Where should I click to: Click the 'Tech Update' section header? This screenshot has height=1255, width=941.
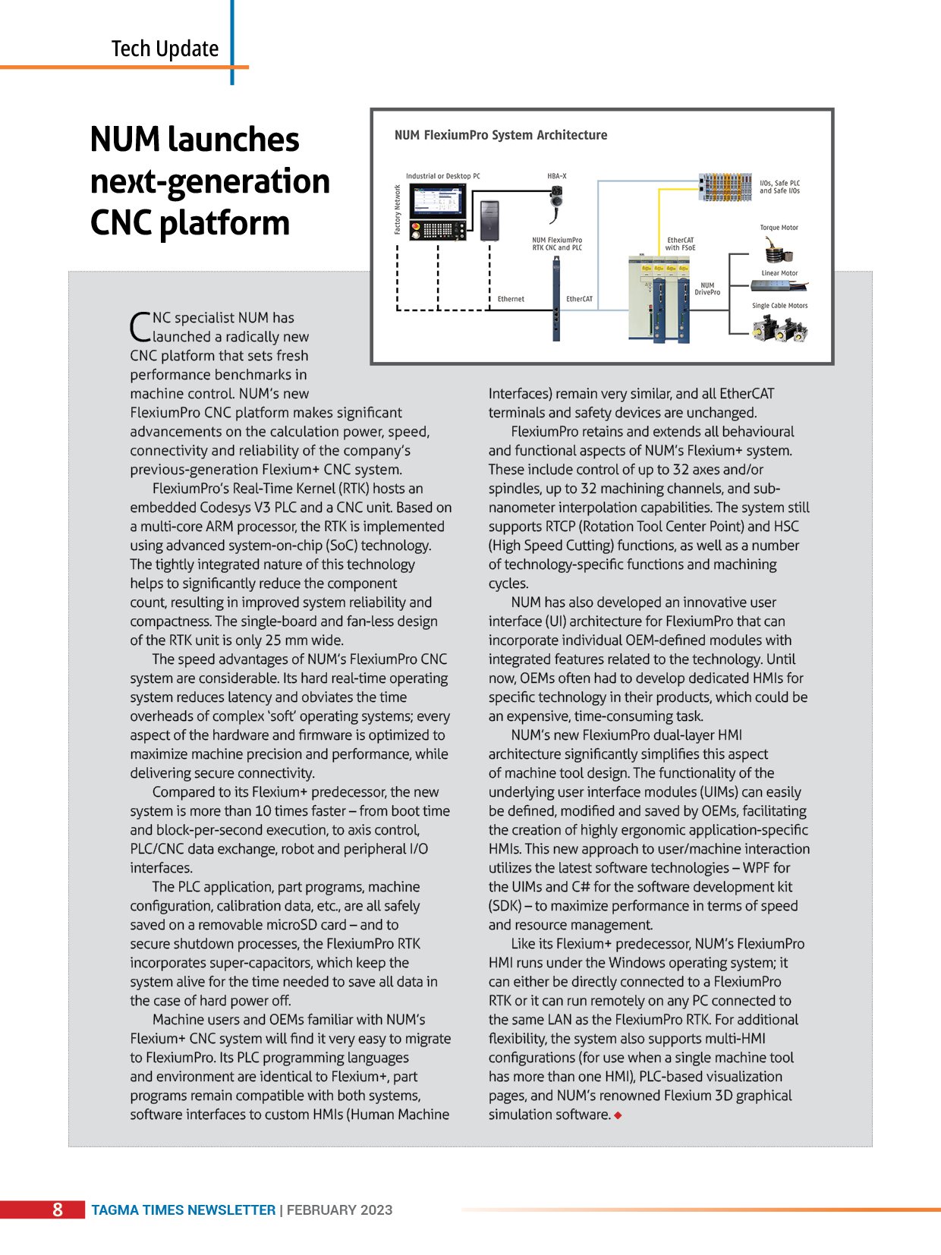click(165, 49)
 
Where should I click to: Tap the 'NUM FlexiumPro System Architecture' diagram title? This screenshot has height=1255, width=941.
click(501, 135)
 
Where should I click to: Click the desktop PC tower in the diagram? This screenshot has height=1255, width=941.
click(489, 221)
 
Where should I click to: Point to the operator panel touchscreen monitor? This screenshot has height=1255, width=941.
click(436, 203)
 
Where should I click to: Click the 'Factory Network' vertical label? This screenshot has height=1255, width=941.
click(398, 209)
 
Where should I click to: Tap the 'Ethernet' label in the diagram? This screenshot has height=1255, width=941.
click(511, 299)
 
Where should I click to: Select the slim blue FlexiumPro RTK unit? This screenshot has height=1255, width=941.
click(556, 299)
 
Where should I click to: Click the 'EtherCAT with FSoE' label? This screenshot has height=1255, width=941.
click(680, 244)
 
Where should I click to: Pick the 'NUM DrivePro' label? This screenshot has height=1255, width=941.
click(707, 289)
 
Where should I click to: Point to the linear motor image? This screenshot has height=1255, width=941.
click(779, 285)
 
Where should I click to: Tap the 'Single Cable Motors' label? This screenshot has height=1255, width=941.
click(779, 306)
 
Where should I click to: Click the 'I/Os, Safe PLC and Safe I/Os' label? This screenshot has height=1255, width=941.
click(779, 187)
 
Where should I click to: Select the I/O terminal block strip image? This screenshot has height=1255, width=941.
click(725, 187)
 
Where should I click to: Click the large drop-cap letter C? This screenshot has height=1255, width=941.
click(140, 327)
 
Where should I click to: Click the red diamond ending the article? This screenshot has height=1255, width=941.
click(618, 1115)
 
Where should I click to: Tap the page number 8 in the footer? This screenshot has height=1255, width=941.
click(58, 1209)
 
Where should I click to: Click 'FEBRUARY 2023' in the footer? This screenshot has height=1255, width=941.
click(339, 1210)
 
